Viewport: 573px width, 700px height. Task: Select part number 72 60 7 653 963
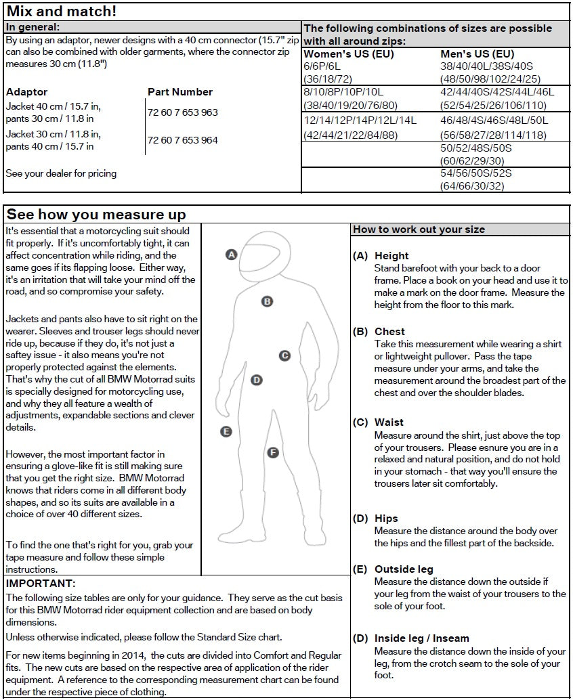coord(183,112)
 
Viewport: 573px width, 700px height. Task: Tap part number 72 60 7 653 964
coord(183,140)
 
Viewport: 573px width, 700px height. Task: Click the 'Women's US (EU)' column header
coord(348,54)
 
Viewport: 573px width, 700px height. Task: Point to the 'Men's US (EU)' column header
coord(477,54)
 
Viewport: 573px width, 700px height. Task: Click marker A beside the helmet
coord(231,255)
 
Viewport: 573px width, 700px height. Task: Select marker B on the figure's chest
coord(268,301)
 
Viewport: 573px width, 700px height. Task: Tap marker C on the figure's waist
coord(285,355)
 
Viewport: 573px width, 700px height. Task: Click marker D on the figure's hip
coord(257,380)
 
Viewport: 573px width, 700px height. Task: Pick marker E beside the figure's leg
coord(226,431)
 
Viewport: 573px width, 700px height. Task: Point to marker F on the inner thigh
coord(273,452)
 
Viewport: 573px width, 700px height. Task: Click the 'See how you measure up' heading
coord(96,215)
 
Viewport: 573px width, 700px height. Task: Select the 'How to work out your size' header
coord(419,229)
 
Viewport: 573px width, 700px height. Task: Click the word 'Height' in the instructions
coord(391,256)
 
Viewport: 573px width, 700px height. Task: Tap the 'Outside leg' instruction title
coord(404,569)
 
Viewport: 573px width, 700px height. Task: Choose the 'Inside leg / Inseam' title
coord(421,638)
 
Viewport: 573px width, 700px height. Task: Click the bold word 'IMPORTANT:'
coord(41,584)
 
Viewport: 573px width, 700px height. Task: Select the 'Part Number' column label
coord(180,92)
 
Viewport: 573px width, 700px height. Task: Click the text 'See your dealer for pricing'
coord(61,173)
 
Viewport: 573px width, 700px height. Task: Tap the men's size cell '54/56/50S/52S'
coord(476,173)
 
